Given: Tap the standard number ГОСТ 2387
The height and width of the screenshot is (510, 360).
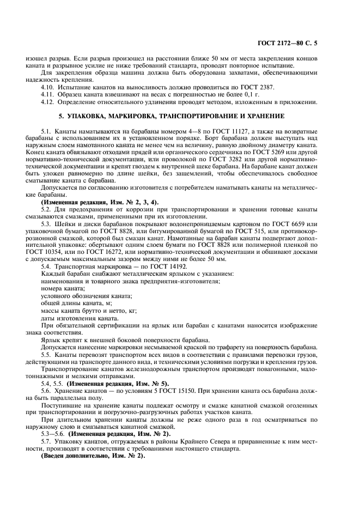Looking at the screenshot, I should (260, 87).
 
